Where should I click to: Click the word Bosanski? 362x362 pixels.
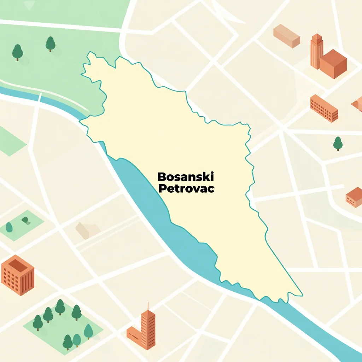click(x=186, y=176)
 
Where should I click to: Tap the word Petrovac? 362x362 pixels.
click(x=186, y=188)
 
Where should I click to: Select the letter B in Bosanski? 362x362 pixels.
click(x=161, y=176)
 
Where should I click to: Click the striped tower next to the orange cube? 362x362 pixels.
click(x=316, y=51)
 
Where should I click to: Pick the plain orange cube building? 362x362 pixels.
click(x=333, y=64)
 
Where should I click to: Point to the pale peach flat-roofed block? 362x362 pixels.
click(x=286, y=36)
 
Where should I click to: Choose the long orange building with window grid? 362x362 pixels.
click(x=324, y=108)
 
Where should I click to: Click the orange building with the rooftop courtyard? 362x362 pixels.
click(x=18, y=275)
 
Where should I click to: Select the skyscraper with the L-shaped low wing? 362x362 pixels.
click(x=148, y=329)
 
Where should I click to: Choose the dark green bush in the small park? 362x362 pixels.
click(x=25, y=220)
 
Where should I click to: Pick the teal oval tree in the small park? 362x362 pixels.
click(x=9, y=227)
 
